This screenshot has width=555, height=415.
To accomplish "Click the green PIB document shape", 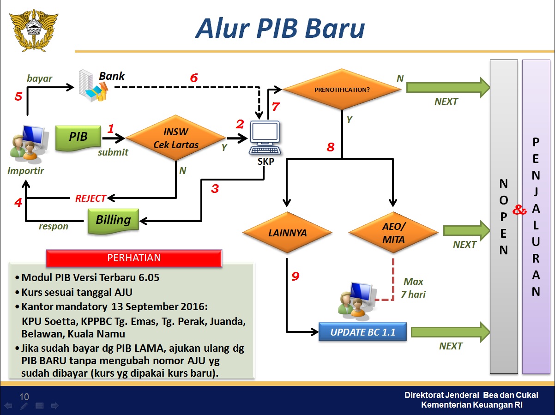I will tap(78, 137).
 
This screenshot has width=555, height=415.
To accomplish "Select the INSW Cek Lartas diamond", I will tap(176, 138).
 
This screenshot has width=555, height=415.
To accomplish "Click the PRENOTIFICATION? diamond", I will tap(342, 90).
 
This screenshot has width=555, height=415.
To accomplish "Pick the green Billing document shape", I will tap(113, 220).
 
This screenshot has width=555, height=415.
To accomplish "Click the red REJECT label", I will tap(90, 198).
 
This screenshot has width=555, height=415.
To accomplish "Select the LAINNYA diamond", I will tap(287, 232).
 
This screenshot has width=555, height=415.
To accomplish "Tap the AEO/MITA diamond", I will tap(393, 232).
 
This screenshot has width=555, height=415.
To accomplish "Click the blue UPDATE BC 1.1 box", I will tap(362, 332).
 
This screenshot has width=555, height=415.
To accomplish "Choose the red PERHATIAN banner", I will tap(134, 258).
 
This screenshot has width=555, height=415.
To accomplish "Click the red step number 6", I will tap(194, 78).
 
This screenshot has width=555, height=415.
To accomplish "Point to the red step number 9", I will tap(296, 277).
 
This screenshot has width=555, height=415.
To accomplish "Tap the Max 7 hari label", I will tap(413, 288).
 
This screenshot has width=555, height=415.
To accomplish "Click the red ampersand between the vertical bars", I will tap(520, 211).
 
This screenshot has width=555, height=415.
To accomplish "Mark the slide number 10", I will tap(24, 397).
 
